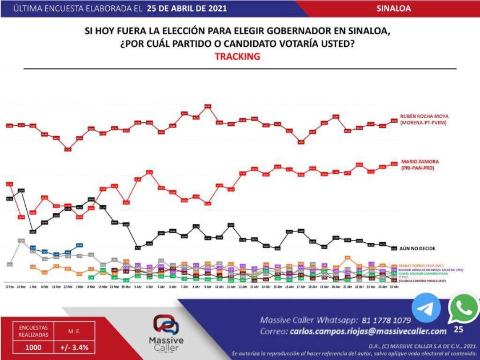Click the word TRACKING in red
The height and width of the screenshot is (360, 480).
[x=237, y=57]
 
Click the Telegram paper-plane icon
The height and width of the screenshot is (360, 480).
[x=426, y=308]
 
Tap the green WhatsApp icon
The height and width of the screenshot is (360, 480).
[x=463, y=309]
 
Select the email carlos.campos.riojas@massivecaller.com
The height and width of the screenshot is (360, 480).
[x=368, y=331]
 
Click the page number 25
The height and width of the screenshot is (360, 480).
[x=458, y=330]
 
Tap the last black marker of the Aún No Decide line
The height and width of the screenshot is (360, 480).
[x=394, y=248]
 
